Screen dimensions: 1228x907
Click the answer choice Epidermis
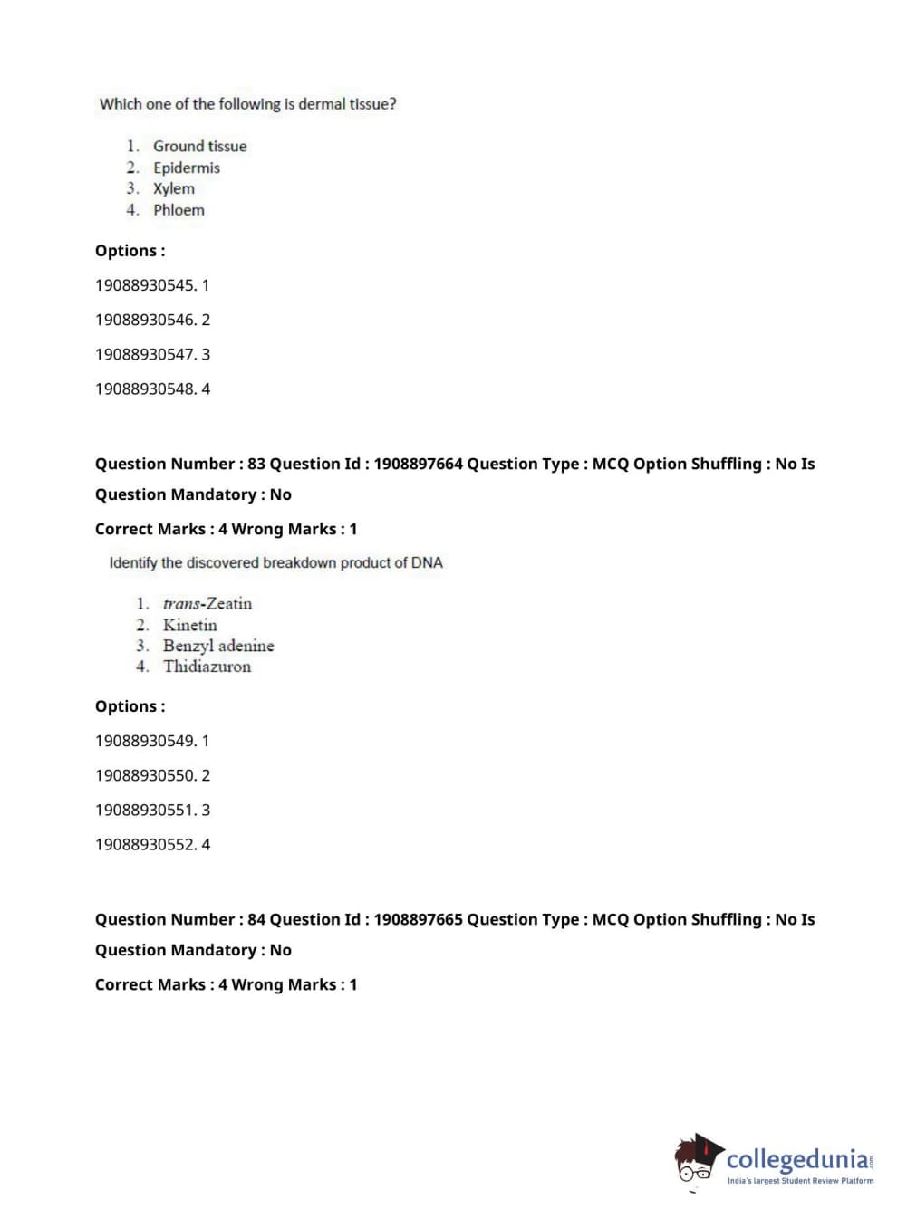pyautogui.click(x=186, y=168)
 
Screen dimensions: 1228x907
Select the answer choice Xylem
pyautogui.click(x=173, y=188)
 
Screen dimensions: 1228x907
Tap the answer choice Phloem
pyautogui.click(x=179, y=210)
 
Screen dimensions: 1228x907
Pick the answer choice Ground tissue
pyautogui.click(x=199, y=146)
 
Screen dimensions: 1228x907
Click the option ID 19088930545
pyautogui.click(x=145, y=285)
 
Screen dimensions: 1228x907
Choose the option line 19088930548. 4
pyautogui.click(x=152, y=389)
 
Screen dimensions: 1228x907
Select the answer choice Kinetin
pyautogui.click(x=189, y=625)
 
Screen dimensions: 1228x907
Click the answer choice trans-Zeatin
pyautogui.click(x=207, y=603)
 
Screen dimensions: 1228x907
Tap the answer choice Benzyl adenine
pyautogui.click(x=217, y=646)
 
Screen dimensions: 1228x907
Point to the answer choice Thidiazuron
pyautogui.click(x=207, y=667)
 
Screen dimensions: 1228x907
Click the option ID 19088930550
pyautogui.click(x=145, y=775)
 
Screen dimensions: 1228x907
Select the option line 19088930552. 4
pyautogui.click(x=152, y=844)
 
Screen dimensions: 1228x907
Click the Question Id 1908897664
pyautogui.click(x=418, y=464)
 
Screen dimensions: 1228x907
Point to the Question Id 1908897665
pyautogui.click(x=418, y=919)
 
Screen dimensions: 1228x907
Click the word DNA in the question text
pyautogui.click(x=427, y=562)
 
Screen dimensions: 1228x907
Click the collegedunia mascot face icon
pyautogui.click(x=697, y=1160)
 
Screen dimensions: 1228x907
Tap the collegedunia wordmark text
pyautogui.click(x=797, y=1159)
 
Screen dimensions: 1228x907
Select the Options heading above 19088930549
pyautogui.click(x=130, y=706)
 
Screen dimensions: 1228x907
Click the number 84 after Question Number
pyautogui.click(x=256, y=919)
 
